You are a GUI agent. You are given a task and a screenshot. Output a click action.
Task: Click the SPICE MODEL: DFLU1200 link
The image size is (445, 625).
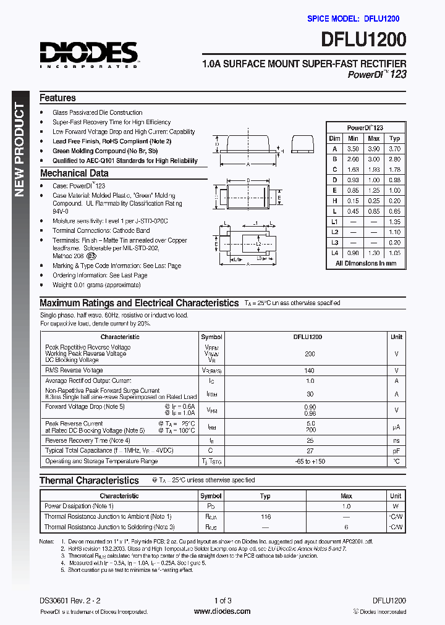pyautogui.click(x=353, y=19)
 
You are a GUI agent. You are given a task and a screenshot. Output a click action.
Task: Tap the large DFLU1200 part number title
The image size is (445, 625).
pyautogui.click(x=363, y=41)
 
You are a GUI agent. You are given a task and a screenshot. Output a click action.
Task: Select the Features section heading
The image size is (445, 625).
pyautogui.click(x=57, y=98)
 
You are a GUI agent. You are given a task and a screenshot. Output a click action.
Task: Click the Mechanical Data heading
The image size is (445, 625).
pyautogui.click(x=74, y=174)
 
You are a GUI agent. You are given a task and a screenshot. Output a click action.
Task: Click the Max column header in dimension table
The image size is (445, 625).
pyautogui.click(x=373, y=138)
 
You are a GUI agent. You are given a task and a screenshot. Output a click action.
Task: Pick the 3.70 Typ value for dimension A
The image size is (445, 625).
pyautogui.click(x=395, y=149)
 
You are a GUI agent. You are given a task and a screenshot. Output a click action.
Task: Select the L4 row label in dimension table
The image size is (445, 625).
pyautogui.click(x=334, y=253)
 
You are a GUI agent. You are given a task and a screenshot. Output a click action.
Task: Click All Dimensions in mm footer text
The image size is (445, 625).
pyautogui.click(x=365, y=263)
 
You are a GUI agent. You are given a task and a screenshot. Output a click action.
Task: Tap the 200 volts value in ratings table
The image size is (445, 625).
pyautogui.click(x=310, y=354)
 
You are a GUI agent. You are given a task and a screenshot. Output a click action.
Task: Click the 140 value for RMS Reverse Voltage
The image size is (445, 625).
pyautogui.click(x=310, y=371)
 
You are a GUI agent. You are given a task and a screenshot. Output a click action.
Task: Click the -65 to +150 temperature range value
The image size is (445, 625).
pyautogui.click(x=310, y=461)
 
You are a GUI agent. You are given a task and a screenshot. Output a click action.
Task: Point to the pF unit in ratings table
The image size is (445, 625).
pyautogui.click(x=396, y=451)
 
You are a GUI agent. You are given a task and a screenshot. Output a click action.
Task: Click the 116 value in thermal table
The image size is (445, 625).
pyautogui.click(x=265, y=516)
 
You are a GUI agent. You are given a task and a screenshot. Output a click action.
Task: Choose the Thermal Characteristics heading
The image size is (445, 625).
pyautogui.click(x=89, y=480)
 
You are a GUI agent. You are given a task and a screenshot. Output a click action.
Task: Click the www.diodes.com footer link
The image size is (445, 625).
pyautogui.click(x=222, y=611)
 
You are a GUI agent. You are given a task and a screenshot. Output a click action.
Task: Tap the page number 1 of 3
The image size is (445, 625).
pyautogui.click(x=222, y=600)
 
